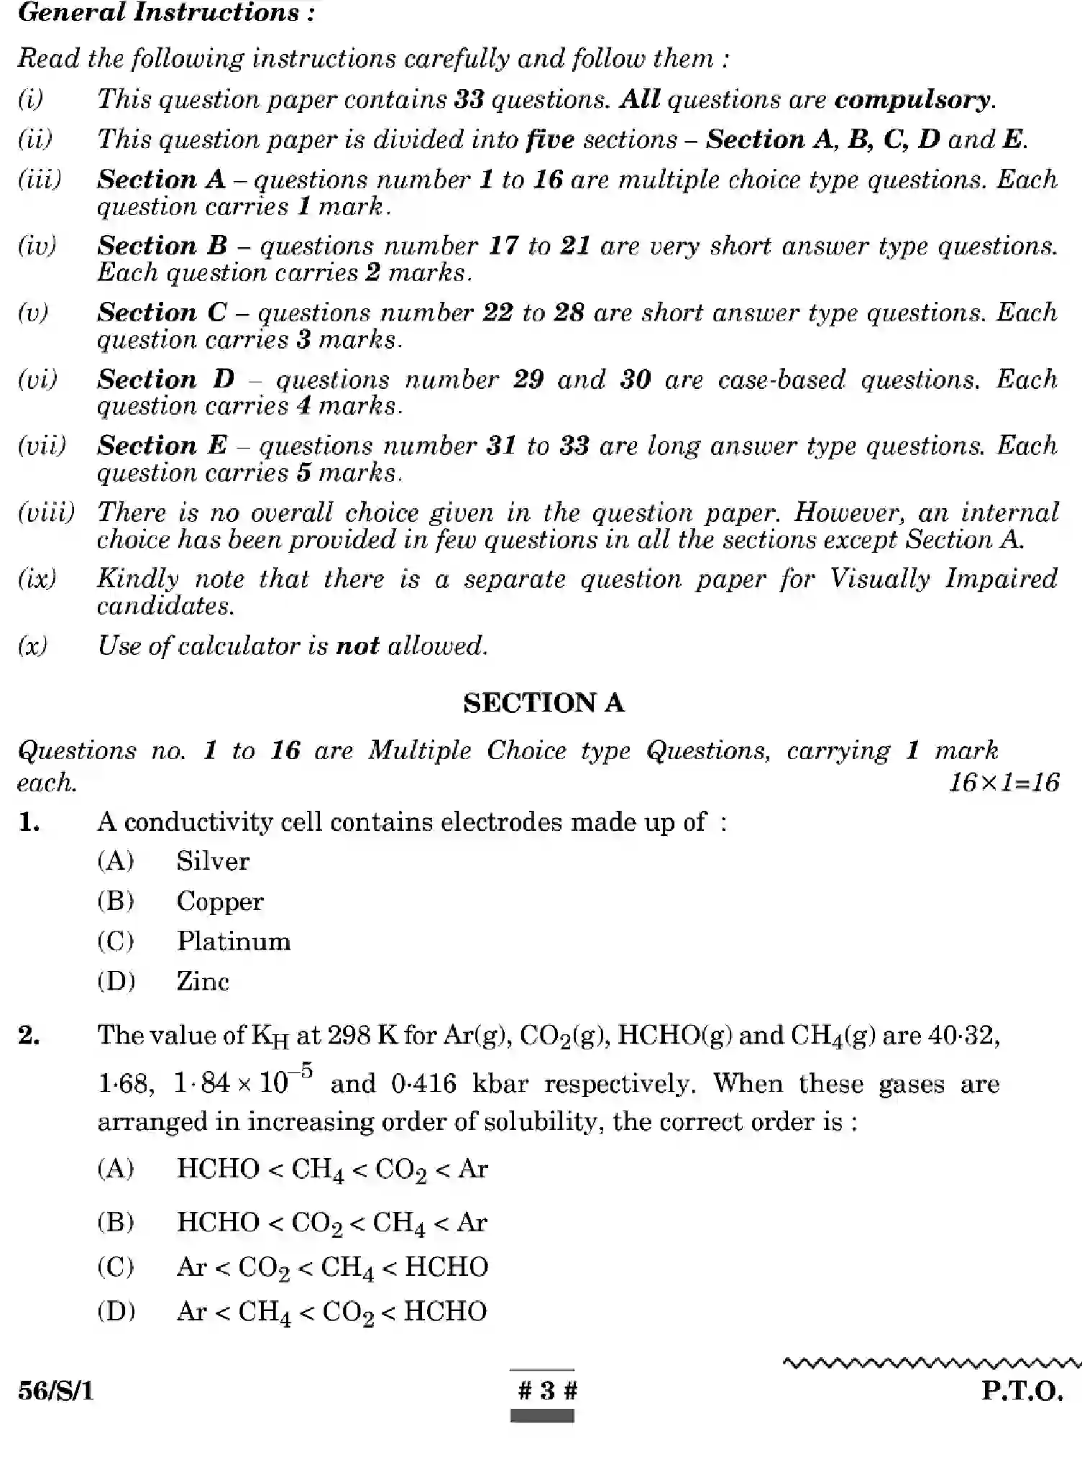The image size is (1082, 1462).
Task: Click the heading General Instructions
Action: coord(166,13)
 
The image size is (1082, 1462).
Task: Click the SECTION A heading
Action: coord(543,703)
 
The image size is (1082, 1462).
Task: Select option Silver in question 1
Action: coord(212,861)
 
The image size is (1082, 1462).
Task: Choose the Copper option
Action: coord(219,901)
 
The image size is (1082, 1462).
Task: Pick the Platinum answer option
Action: coord(233,942)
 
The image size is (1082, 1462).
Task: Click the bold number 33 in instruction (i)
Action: coord(469,99)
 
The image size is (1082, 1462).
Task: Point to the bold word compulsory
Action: coord(912,99)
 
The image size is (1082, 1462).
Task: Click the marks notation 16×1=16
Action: coord(1003,783)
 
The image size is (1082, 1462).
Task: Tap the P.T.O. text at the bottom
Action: coord(1022,1392)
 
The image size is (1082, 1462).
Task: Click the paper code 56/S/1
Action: coord(56,1392)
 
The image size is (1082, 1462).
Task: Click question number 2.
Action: coord(29,1036)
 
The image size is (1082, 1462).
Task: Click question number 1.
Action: coord(29,822)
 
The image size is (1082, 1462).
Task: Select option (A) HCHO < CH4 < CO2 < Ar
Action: coord(331,1169)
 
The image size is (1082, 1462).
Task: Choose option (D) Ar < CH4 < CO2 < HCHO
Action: coord(331,1312)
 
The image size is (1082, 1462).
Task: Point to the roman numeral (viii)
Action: coord(46,512)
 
